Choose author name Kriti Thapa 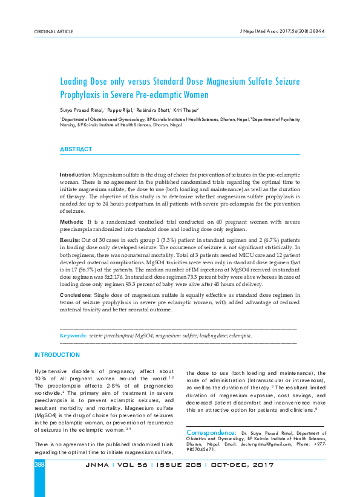click(x=186, y=111)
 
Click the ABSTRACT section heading click(x=76, y=149)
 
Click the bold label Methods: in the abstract click(x=71, y=223)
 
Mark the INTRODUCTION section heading click(x=57, y=354)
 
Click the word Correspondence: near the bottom click(x=212, y=433)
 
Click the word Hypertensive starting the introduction click(x=51, y=372)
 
